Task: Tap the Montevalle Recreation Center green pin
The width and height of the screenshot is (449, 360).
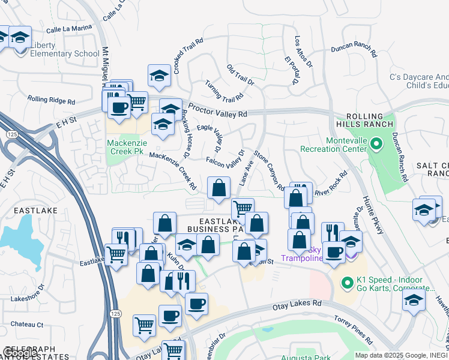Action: coord(376,143)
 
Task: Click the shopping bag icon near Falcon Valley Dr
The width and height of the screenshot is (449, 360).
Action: coord(219,188)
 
